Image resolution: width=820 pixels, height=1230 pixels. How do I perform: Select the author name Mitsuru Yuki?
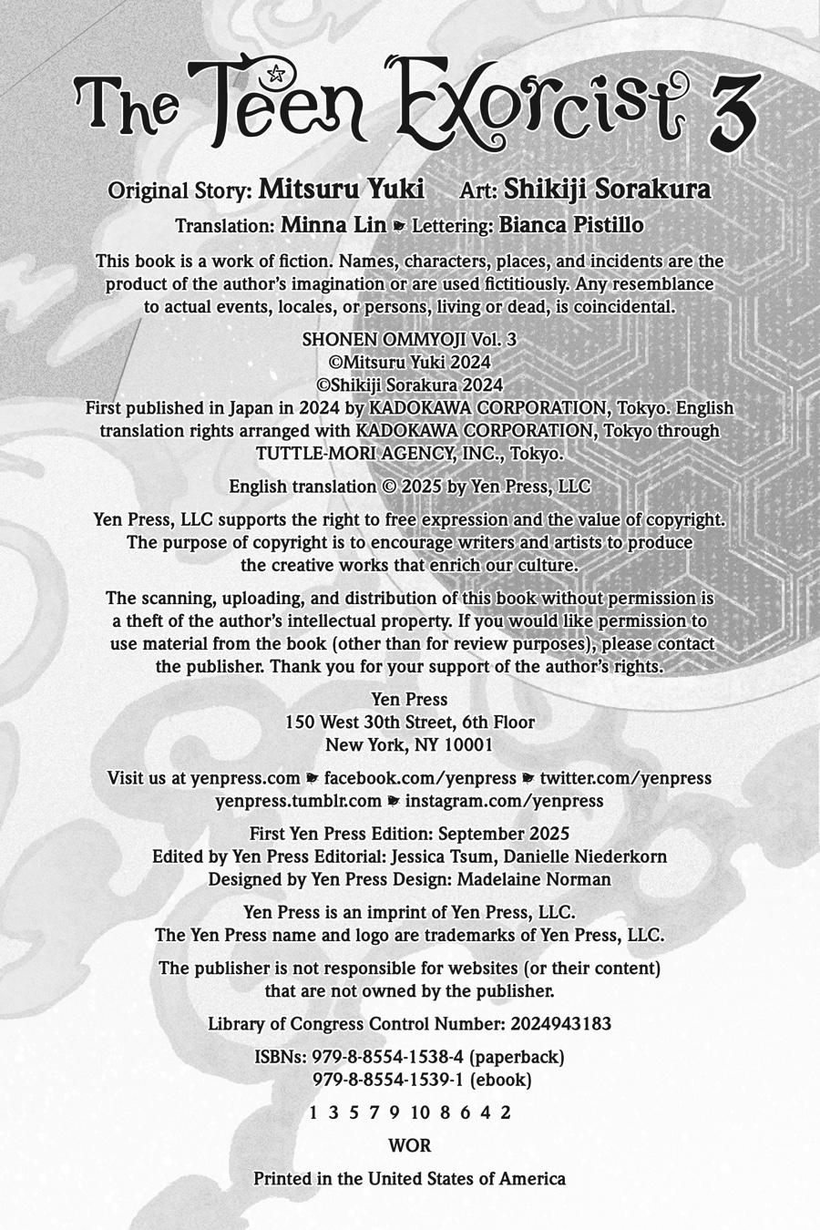click(x=342, y=190)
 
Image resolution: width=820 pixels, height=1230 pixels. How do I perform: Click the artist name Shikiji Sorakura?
click(x=608, y=190)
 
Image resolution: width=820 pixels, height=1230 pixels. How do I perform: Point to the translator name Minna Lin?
click(x=333, y=225)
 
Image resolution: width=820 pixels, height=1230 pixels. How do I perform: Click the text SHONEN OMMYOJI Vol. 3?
click(x=409, y=339)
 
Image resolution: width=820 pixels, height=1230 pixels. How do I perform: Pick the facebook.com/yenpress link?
click(x=420, y=778)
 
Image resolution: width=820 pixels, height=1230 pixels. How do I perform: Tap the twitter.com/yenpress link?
click(x=625, y=778)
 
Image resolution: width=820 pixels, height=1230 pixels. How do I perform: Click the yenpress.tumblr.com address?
click(x=298, y=801)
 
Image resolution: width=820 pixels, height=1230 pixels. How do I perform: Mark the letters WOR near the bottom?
click(x=410, y=1145)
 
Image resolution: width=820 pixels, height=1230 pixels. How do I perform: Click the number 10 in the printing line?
click(x=420, y=1112)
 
